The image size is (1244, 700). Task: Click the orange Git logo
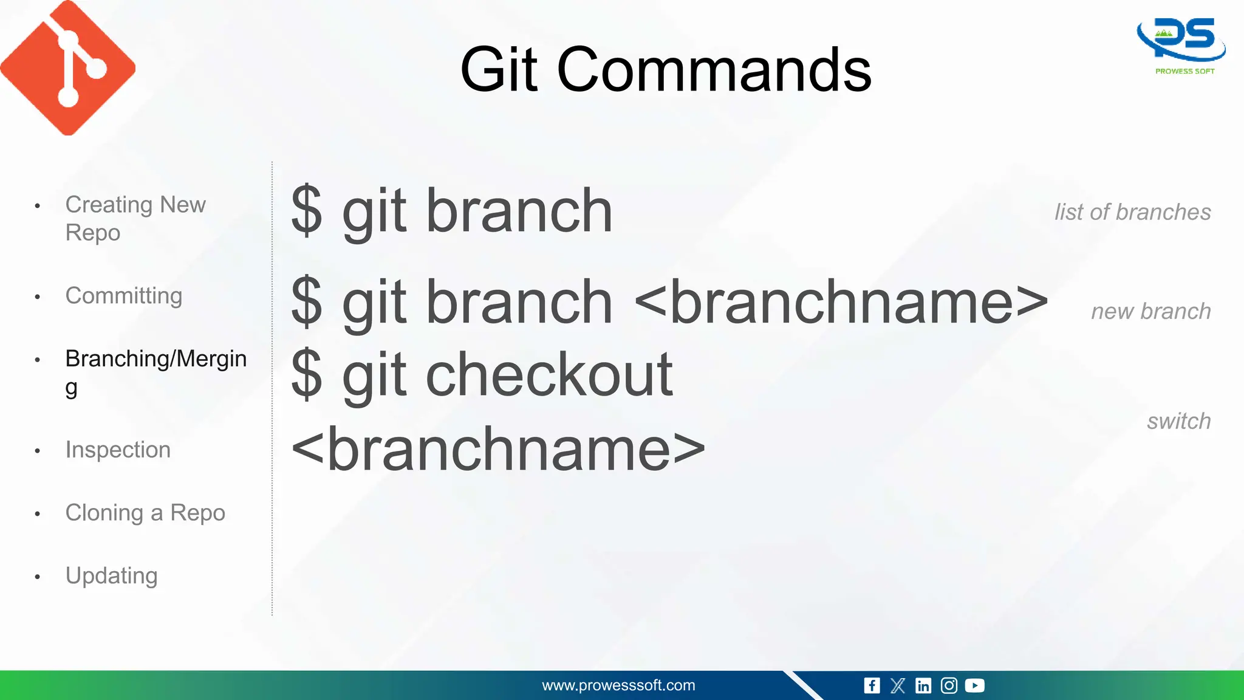[68, 68]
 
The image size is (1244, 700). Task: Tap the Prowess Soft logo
[1181, 46]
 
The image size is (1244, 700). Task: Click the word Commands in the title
[714, 70]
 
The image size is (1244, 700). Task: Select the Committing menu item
[123, 296]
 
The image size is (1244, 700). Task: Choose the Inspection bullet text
[118, 450]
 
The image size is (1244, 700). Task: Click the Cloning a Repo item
[145, 513]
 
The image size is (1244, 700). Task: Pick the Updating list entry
[112, 575]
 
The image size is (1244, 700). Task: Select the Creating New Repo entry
[135, 218]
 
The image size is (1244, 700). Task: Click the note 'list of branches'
[1132, 212]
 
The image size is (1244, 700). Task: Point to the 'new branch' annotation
[1150, 311]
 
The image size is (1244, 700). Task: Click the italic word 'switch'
[1178, 421]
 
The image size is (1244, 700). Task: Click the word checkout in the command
[549, 375]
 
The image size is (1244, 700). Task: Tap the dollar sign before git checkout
[306, 375]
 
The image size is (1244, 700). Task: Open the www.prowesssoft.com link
[618, 685]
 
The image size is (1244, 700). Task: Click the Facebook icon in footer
[872, 685]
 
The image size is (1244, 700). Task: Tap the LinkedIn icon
[923, 685]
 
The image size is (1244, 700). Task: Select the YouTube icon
[974, 685]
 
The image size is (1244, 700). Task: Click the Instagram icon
[949, 685]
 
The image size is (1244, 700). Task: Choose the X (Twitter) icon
[897, 685]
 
